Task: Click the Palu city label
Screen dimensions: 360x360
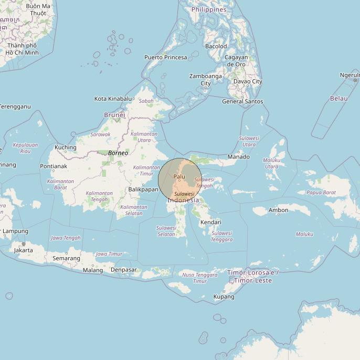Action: (179, 177)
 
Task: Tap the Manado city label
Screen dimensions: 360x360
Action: (238, 157)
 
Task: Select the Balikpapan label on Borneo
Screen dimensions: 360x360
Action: (143, 189)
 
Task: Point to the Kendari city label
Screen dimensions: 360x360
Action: (210, 223)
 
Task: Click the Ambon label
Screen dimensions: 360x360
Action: (278, 210)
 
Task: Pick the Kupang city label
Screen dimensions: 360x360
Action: (224, 297)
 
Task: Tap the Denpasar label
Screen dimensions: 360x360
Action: (124, 270)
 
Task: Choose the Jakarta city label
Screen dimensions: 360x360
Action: (23, 250)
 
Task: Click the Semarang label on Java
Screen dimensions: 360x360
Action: (66, 258)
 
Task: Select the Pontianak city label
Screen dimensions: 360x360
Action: (54, 166)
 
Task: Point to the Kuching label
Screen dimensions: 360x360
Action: (66, 147)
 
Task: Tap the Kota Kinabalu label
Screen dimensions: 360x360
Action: (113, 99)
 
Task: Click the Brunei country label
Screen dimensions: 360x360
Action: (114, 115)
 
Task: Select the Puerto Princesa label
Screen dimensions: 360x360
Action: (166, 57)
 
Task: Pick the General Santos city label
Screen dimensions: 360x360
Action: (242, 102)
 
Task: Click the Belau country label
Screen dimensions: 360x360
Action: (338, 99)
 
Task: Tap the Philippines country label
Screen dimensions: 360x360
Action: (209, 9)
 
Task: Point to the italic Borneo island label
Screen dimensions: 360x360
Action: (118, 153)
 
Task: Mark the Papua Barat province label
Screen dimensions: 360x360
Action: (321, 193)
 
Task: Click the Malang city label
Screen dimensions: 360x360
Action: (93, 271)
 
